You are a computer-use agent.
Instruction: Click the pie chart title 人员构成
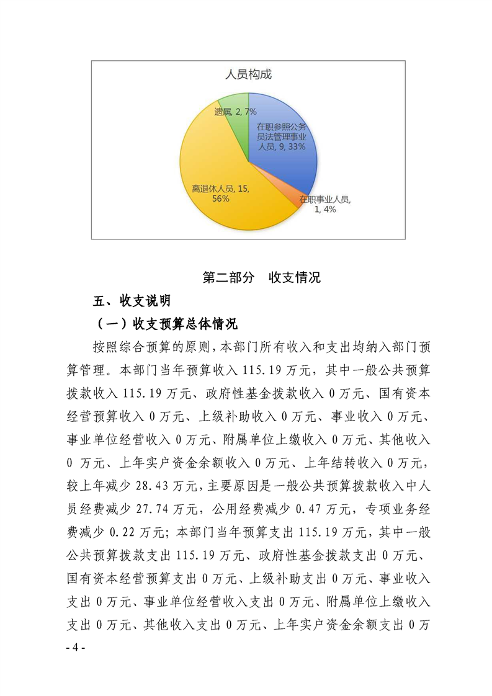tap(248, 75)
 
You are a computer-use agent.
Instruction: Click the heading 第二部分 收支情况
tap(262, 277)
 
